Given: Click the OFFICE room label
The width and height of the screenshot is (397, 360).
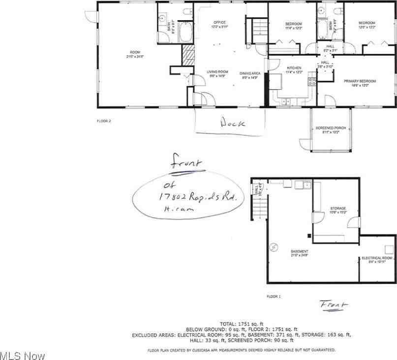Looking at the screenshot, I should point(219,23).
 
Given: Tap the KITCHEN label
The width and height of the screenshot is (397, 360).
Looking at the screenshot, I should point(294,67).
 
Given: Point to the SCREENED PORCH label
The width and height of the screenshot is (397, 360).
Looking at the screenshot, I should point(331,128).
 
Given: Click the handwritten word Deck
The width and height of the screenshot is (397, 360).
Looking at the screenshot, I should point(232,123).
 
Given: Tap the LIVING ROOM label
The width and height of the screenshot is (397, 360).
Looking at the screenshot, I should point(217,72).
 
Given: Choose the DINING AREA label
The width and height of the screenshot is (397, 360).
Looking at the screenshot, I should point(250,73).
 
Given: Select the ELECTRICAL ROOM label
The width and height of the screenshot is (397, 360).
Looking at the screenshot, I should point(377,258).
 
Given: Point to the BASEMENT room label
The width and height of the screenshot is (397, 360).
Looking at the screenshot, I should point(299,251).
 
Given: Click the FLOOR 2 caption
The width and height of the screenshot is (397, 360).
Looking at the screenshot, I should point(104,120).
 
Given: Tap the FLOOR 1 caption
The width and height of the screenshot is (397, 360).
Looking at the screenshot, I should point(274,296).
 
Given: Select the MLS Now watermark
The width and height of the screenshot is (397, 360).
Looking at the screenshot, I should point(23,355).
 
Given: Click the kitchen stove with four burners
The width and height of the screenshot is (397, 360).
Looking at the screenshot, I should point(311,81).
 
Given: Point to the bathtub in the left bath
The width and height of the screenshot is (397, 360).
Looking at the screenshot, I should point(185,33).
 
